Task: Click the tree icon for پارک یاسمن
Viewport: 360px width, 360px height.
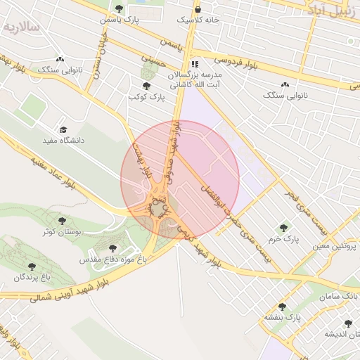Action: pos(119,9)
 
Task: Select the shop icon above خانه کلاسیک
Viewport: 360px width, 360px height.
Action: pos(198,9)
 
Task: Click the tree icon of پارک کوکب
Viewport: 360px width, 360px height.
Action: pos(146,86)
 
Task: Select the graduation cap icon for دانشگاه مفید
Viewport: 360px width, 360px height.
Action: pos(63,130)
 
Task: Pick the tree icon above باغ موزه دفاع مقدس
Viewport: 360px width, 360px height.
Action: pos(112,248)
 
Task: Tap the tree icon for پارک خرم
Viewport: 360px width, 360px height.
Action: pos(283,228)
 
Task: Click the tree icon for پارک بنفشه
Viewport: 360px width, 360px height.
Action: pos(283,307)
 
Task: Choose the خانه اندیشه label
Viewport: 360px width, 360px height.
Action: pos(340,334)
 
